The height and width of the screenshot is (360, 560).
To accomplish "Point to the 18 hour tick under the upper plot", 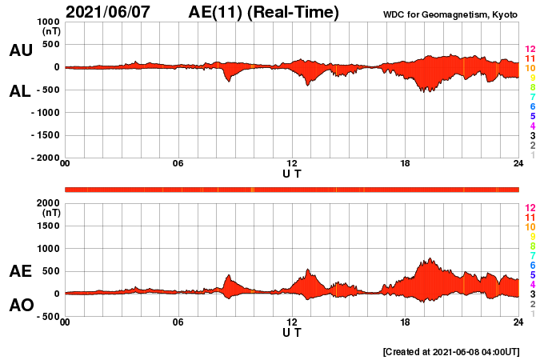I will pyautogui.click(x=406, y=164).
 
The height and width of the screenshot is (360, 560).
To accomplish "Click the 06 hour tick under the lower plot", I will pyautogui.click(x=178, y=322).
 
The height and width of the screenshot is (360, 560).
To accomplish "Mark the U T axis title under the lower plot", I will pyautogui.click(x=292, y=332).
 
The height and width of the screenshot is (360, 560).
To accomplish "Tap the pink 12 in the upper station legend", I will pyautogui.click(x=530, y=50).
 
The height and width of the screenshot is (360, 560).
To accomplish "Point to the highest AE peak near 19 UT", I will pyautogui.click(x=430, y=259).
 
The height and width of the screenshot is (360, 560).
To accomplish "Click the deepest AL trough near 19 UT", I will pyautogui.click(x=429, y=91).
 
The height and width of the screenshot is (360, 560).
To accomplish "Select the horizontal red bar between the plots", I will pyautogui.click(x=292, y=190).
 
